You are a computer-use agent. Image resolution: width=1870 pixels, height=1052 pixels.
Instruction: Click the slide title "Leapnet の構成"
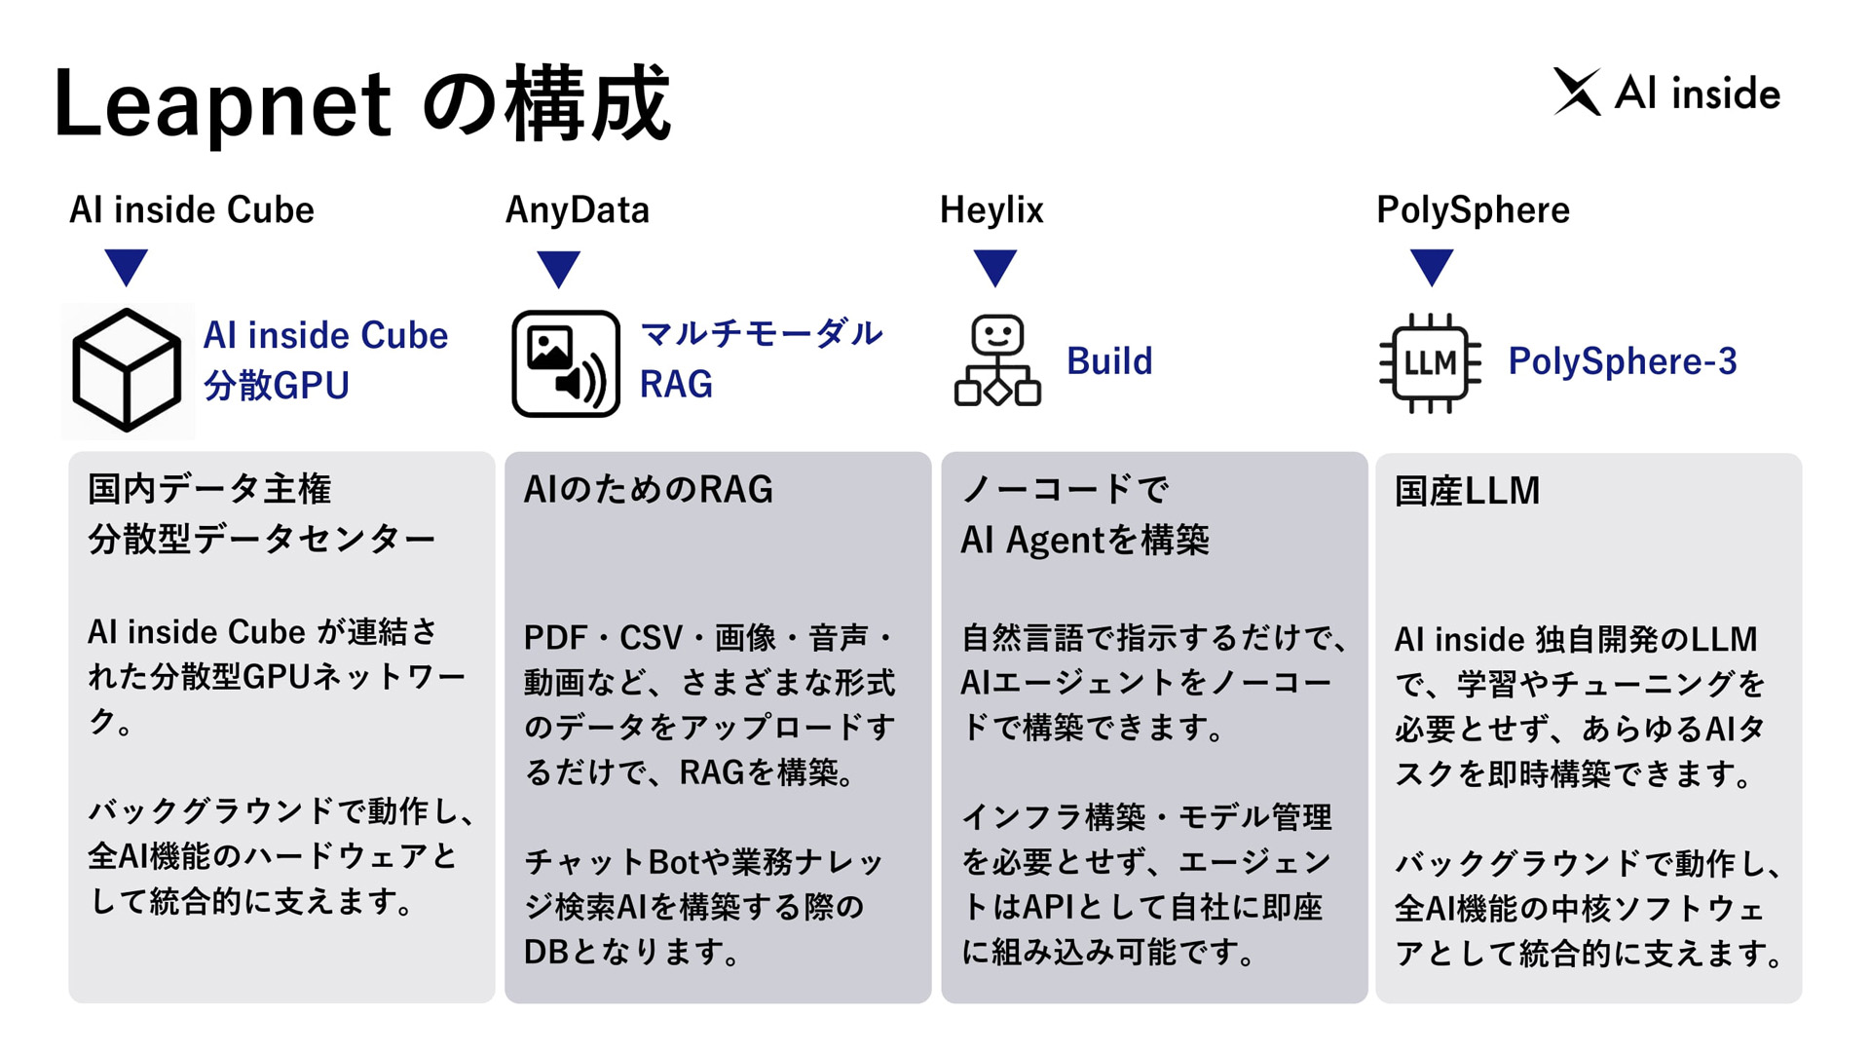click(x=361, y=103)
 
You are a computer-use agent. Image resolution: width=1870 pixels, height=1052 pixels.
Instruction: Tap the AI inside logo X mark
click(x=1577, y=93)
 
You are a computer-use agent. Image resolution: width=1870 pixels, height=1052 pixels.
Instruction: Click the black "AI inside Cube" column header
click(x=192, y=210)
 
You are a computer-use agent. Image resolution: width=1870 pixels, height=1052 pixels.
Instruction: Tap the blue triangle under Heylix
click(x=995, y=268)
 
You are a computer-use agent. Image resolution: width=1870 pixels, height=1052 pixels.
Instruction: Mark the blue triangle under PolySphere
click(x=1432, y=268)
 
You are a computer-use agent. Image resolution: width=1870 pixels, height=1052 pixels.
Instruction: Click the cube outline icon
click(x=128, y=370)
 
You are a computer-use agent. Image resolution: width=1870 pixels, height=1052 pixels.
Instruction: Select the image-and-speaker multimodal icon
click(x=566, y=363)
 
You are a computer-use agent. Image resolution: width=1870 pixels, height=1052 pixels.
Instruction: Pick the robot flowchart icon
click(x=997, y=359)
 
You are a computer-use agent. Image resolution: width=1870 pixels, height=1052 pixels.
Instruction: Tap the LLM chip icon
click(x=1430, y=362)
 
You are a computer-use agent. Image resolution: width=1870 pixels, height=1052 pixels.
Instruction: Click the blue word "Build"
click(x=1109, y=361)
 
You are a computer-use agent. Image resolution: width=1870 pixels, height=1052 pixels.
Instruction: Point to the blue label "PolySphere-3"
click(x=1623, y=361)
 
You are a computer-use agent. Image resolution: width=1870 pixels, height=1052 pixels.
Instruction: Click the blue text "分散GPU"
click(x=277, y=386)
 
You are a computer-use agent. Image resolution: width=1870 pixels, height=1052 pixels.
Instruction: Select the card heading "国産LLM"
click(x=1467, y=491)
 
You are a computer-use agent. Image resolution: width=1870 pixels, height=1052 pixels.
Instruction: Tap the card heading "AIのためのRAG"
click(x=649, y=489)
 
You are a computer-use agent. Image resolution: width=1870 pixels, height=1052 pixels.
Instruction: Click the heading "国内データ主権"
click(x=209, y=489)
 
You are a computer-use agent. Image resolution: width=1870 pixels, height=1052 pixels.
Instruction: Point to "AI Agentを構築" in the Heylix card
click(x=1084, y=540)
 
